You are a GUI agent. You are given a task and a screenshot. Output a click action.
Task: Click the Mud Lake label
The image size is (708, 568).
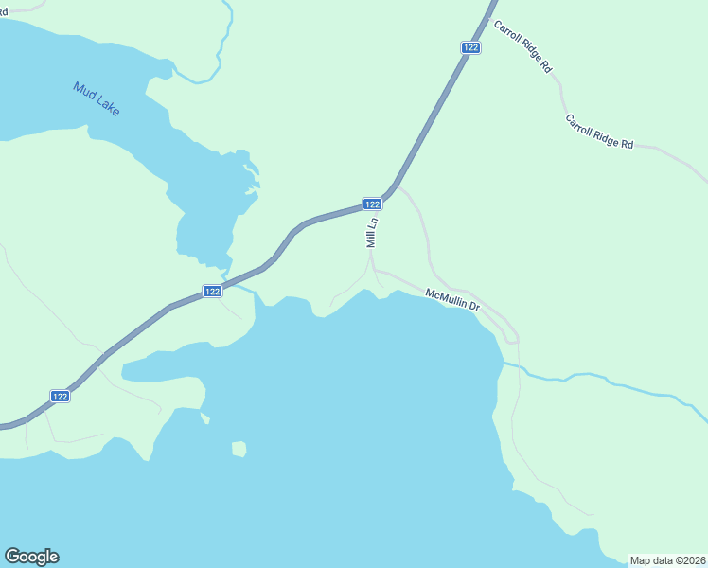tap(97, 99)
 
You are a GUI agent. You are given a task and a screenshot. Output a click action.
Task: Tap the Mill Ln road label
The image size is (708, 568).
tap(372, 232)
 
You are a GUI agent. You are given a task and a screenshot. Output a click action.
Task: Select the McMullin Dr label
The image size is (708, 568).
tap(453, 300)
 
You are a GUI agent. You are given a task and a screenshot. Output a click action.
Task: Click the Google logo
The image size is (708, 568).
tap(31, 557)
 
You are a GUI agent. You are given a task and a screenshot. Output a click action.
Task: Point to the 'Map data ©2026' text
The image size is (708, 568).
tap(668, 559)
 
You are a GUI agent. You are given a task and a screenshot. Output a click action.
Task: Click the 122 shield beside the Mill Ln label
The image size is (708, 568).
tap(372, 204)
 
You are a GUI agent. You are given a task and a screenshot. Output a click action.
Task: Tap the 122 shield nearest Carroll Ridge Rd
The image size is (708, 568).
tap(471, 47)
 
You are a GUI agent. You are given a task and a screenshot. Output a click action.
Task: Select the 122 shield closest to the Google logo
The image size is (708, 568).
tap(60, 396)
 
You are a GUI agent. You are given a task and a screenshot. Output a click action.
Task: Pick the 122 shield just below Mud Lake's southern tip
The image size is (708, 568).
tap(212, 292)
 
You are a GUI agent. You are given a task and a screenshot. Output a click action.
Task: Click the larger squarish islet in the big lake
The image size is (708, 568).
tap(239, 448)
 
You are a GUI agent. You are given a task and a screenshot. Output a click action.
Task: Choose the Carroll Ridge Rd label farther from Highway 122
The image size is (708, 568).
tap(599, 132)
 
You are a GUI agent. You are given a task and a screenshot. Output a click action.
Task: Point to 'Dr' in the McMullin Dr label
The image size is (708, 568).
tap(474, 306)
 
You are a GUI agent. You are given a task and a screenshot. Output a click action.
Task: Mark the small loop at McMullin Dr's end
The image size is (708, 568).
tap(512, 336)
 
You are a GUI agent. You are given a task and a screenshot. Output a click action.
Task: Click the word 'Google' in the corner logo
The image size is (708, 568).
tap(31, 557)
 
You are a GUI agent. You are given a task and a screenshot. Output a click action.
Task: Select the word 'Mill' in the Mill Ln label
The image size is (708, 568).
tap(372, 238)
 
